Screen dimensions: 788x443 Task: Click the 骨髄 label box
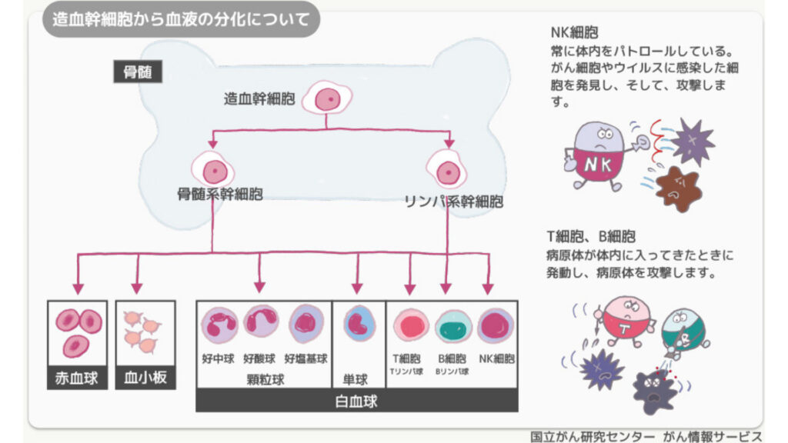(x=138, y=72)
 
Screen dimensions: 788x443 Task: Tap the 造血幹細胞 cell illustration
(x=327, y=98)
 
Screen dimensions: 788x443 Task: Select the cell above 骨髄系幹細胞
(x=214, y=170)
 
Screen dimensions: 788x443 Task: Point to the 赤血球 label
(x=77, y=378)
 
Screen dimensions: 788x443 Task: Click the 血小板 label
(x=145, y=378)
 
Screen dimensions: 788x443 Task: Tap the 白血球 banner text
(x=356, y=401)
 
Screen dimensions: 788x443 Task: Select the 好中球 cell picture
(x=219, y=325)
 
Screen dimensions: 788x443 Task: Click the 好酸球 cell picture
(x=261, y=321)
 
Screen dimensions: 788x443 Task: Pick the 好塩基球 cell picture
(x=306, y=324)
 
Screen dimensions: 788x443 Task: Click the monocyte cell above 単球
(x=359, y=323)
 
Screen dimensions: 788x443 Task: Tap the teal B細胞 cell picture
(x=453, y=327)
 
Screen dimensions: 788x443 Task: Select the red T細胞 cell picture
(x=411, y=325)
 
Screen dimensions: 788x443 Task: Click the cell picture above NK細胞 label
(x=496, y=325)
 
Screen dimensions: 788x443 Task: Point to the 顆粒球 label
(x=265, y=379)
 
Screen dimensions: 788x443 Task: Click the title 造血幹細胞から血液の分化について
(x=181, y=19)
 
